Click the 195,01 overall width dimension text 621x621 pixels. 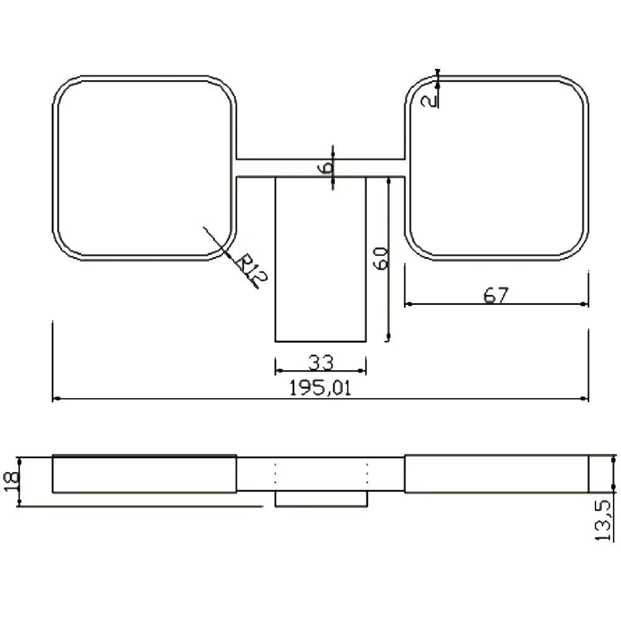(x=320, y=388)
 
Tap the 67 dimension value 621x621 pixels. (x=496, y=294)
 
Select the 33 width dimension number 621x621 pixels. (x=321, y=362)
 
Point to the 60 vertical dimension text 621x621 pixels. (x=381, y=258)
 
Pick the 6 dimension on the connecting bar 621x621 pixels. (x=325, y=168)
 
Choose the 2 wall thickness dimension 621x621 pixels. (x=428, y=101)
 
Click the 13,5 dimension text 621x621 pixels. (x=605, y=520)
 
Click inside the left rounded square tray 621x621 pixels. (x=145, y=168)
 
